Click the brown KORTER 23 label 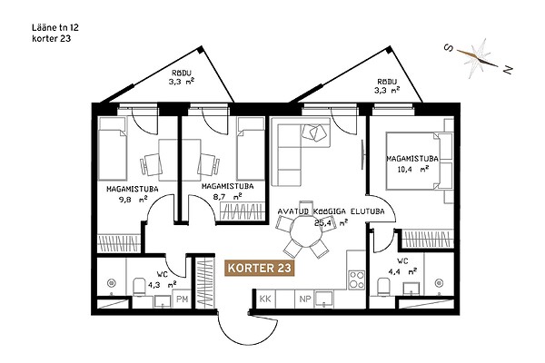pyautogui.click(x=260, y=268)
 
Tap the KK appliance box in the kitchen pyautogui.click(x=265, y=299)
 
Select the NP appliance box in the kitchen pyautogui.click(x=305, y=299)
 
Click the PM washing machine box pyautogui.click(x=183, y=299)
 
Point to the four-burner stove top pyautogui.click(x=357, y=280)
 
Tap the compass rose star pyautogui.click(x=477, y=58)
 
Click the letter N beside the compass pyautogui.click(x=508, y=70)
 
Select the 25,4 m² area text pyautogui.click(x=332, y=222)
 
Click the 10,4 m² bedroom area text pyautogui.click(x=412, y=170)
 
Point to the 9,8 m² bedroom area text pyautogui.click(x=134, y=200)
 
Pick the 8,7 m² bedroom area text pyautogui.click(x=228, y=197)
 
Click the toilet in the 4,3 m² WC pyautogui.click(x=140, y=286)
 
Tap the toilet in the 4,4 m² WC pyautogui.click(x=383, y=286)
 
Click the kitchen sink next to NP pyautogui.click(x=323, y=299)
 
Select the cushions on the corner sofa pyautogui.click(x=314, y=132)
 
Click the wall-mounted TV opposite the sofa pyautogui.click(x=362, y=154)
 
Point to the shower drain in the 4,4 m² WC pyautogui.click(x=440, y=283)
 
